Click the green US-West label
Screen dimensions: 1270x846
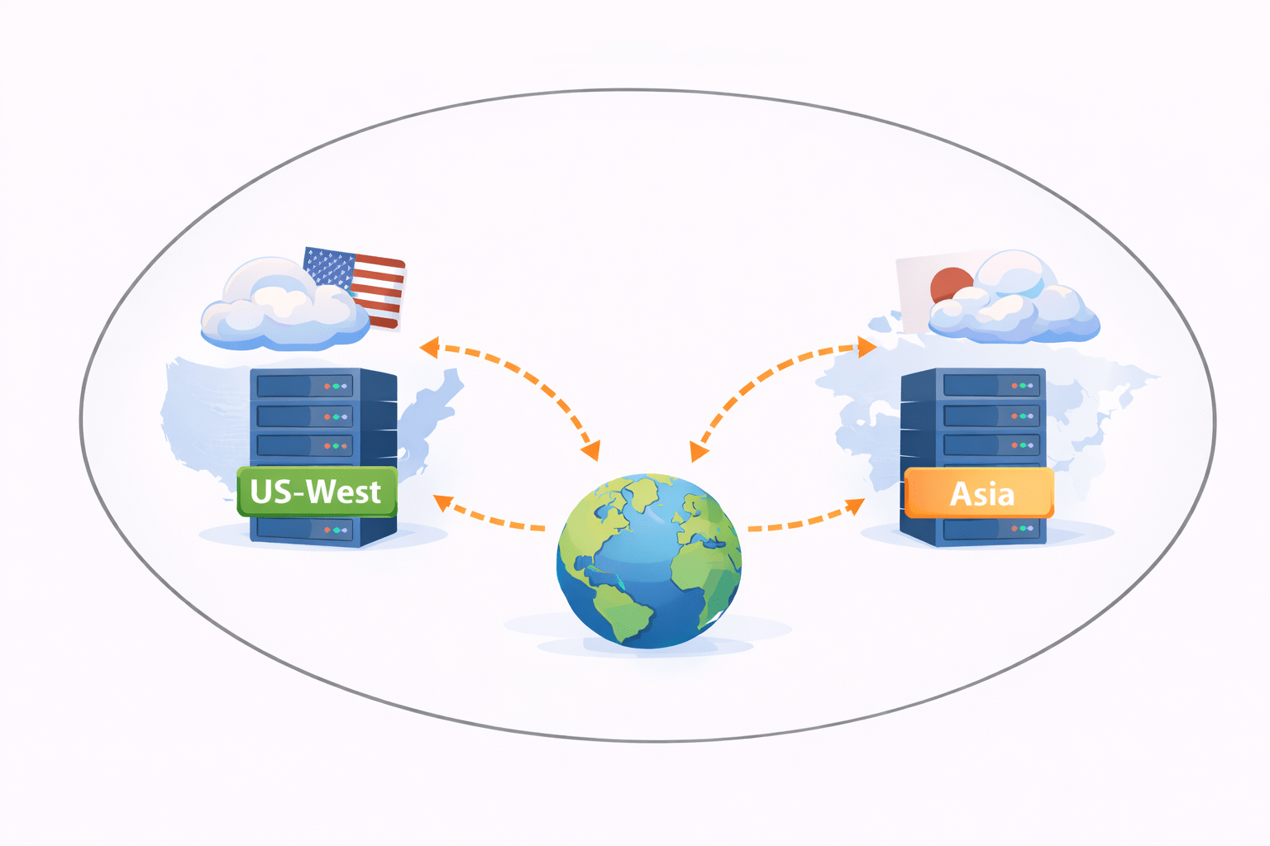click(x=317, y=492)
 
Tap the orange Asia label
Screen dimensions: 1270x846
click(x=979, y=494)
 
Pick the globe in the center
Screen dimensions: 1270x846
click(x=648, y=561)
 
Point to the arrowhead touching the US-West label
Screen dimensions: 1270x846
click(x=442, y=501)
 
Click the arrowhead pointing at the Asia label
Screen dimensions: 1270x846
click(x=855, y=506)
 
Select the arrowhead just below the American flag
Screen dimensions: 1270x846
click(x=428, y=346)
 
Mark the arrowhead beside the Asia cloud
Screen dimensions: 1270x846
click(x=867, y=347)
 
